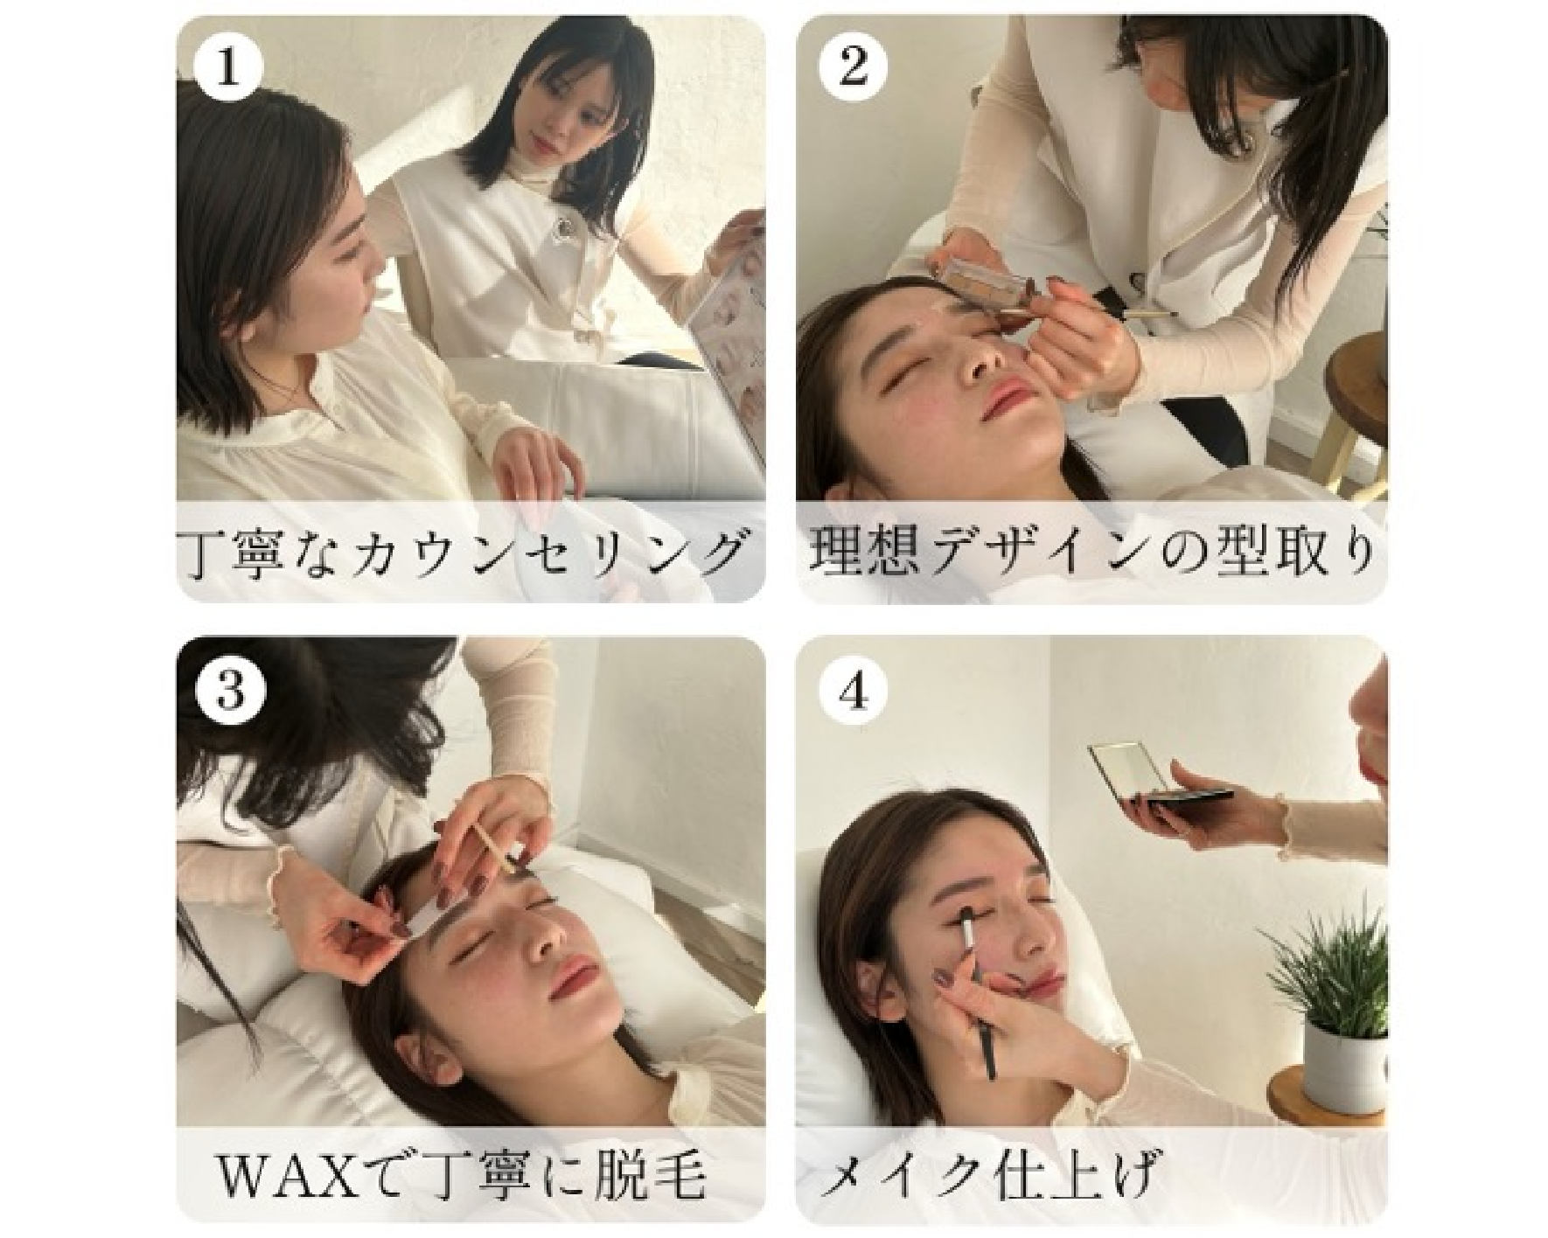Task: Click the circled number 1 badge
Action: click(x=228, y=67)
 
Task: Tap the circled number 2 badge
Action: click(x=853, y=67)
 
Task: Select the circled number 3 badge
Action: click(x=228, y=691)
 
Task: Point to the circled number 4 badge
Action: click(x=853, y=691)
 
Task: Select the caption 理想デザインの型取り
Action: click(x=1090, y=554)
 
